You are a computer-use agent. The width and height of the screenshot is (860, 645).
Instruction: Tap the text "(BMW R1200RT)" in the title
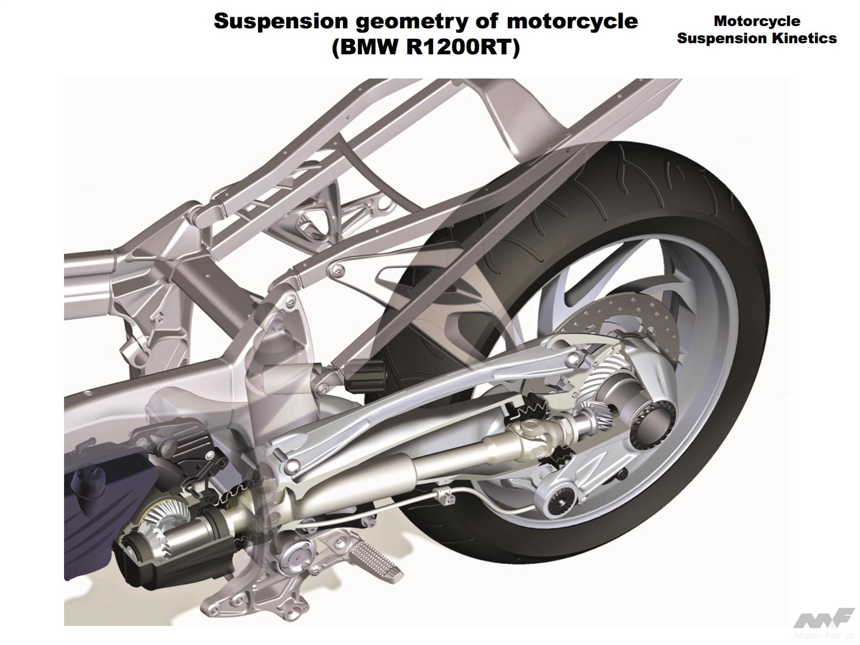(x=426, y=47)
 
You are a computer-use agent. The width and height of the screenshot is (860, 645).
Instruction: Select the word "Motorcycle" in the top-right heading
(x=757, y=21)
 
